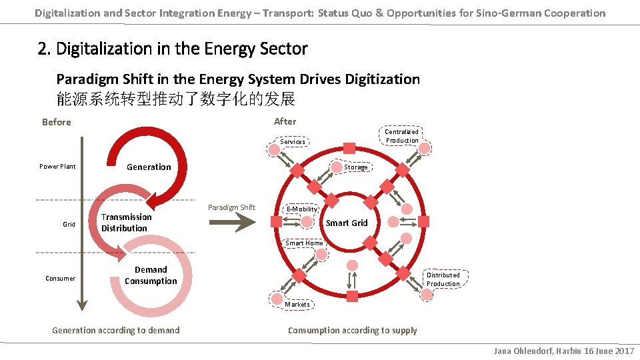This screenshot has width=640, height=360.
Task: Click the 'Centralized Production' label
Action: [x=402, y=136]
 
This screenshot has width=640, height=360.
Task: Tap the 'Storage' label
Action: [x=356, y=167]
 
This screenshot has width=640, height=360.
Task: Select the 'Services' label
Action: [x=293, y=141]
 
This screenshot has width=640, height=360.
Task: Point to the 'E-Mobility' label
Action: [x=302, y=209]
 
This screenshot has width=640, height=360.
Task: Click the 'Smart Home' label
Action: [x=304, y=243]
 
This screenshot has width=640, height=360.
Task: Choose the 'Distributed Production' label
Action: [x=443, y=279]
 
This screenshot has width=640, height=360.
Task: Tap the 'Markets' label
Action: [x=297, y=304]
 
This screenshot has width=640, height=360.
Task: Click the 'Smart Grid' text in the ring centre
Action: [x=347, y=223]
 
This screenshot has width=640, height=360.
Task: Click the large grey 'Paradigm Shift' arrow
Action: [x=231, y=222]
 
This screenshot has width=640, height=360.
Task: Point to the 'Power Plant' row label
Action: [x=57, y=166]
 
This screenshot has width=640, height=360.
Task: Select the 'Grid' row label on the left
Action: [x=69, y=224]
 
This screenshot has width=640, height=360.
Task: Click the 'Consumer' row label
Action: [x=61, y=278]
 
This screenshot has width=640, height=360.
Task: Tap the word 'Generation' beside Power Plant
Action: [x=149, y=167]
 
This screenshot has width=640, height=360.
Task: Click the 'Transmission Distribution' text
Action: [x=126, y=223]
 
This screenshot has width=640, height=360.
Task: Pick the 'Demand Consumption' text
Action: [x=151, y=275]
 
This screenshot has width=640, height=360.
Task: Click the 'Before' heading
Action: [x=56, y=122]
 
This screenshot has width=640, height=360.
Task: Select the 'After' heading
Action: [x=285, y=121]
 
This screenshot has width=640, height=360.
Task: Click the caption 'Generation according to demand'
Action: [x=115, y=330]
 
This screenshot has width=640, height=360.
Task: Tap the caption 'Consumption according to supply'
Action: [x=352, y=330]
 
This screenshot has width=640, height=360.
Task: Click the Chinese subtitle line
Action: [x=175, y=99]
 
